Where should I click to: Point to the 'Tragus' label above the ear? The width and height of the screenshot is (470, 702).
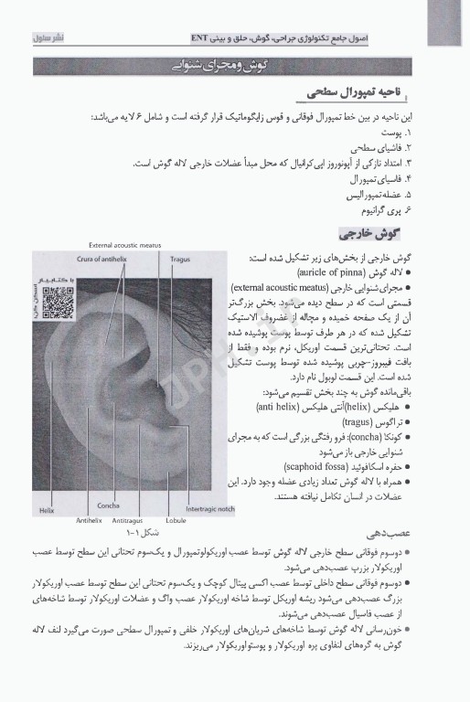pos(179,259)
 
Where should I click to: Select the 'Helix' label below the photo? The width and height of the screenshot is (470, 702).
pos(47,510)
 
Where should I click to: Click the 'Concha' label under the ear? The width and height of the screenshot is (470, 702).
pos(104,505)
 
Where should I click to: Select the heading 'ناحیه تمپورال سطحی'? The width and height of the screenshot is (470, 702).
pos(358,93)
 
